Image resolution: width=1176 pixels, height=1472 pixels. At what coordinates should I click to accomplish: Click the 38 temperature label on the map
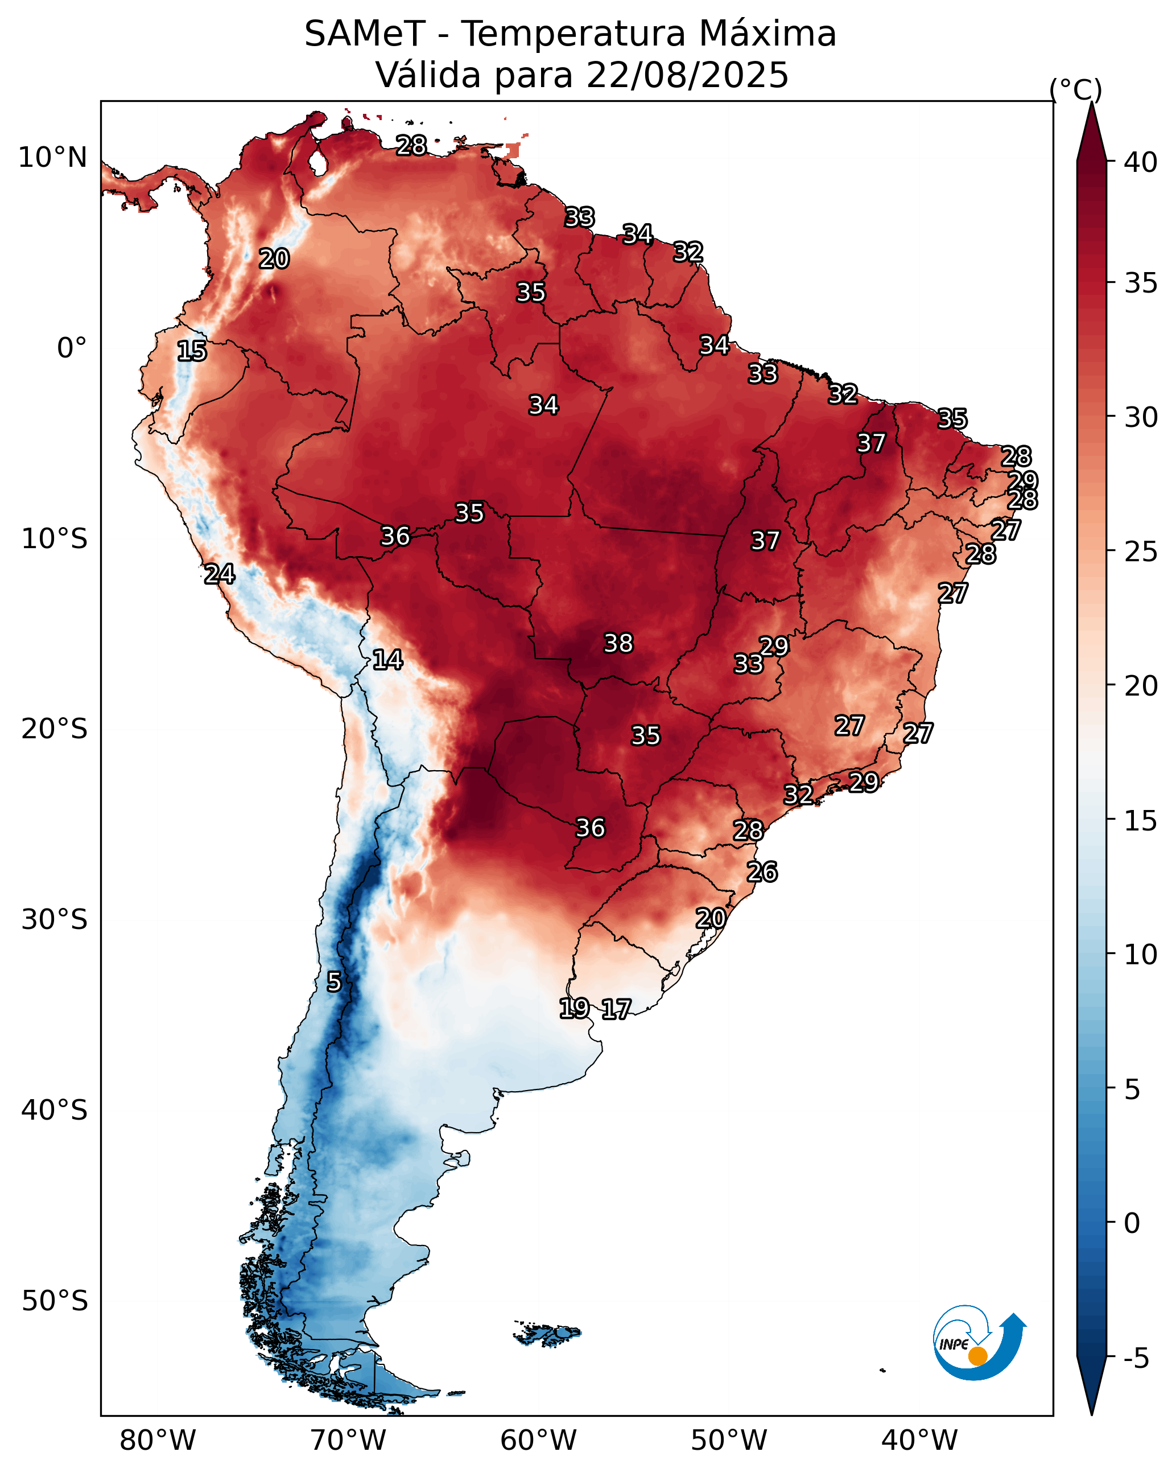point(618,643)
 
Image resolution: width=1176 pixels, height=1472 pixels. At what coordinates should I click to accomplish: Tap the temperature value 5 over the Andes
point(334,982)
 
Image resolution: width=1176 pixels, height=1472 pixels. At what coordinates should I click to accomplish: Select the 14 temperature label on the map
point(387,660)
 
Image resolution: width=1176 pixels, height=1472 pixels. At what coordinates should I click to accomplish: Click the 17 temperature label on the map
point(616,1009)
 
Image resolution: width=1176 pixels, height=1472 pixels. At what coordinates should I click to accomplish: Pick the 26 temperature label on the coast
point(762,872)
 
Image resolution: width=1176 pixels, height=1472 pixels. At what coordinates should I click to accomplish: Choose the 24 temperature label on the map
point(220,574)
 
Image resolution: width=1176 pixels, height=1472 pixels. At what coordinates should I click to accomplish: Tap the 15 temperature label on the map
point(192,351)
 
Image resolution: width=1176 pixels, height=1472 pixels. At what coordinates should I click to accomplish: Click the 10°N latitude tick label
point(52,158)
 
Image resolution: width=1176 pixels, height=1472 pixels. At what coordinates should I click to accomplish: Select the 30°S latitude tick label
point(55,920)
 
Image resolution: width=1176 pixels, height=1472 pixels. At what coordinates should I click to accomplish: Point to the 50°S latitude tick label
point(55,1301)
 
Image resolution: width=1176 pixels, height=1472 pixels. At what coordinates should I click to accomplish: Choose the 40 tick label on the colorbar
point(1141,162)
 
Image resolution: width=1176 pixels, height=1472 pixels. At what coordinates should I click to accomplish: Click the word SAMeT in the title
point(365,34)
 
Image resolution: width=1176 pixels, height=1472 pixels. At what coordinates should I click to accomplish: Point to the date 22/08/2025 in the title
point(687,75)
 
